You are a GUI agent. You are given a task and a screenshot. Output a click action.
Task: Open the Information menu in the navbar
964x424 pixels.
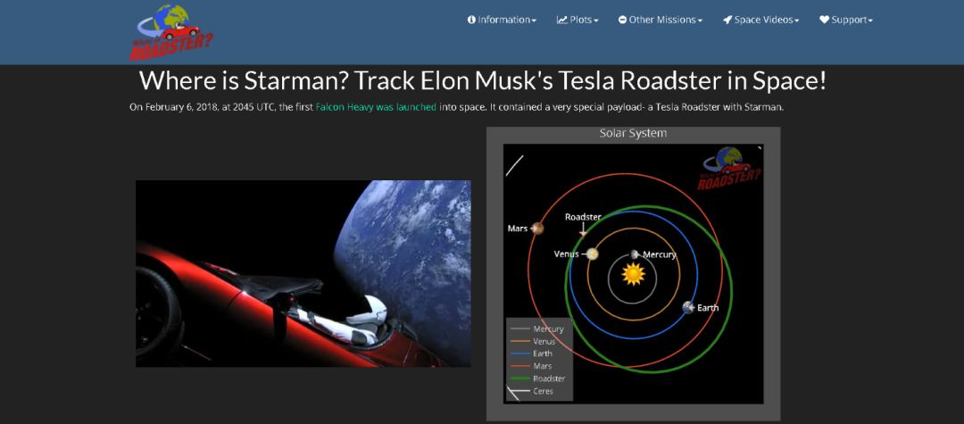(502, 20)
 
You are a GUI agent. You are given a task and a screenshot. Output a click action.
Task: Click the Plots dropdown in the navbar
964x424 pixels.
(578, 20)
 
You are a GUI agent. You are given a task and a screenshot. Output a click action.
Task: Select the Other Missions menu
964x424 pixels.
(661, 20)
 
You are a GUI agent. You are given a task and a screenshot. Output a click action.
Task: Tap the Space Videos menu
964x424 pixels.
(761, 20)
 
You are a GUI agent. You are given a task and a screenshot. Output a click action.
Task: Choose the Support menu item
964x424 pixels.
(846, 20)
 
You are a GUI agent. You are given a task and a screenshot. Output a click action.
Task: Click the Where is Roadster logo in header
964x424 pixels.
(171, 32)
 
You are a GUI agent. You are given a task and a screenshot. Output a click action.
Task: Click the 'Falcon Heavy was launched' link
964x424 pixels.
(376, 107)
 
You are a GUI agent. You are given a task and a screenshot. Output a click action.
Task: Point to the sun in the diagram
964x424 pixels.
(633, 274)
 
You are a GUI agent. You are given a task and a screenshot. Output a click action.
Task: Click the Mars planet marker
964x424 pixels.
(537, 229)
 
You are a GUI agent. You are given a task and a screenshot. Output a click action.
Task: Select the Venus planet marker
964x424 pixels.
(592, 254)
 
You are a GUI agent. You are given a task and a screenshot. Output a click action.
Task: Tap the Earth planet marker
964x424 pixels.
(688, 308)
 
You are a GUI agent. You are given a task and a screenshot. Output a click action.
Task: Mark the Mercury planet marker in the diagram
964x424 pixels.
(636, 254)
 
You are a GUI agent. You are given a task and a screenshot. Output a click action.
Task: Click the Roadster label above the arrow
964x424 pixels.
(583, 217)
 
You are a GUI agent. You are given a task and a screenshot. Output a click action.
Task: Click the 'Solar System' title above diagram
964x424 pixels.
(633, 133)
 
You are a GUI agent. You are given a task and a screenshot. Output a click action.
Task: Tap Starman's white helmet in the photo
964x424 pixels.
(368, 310)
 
